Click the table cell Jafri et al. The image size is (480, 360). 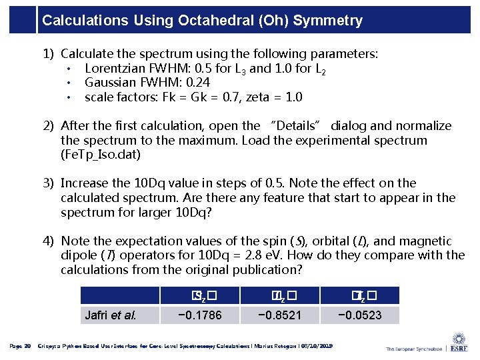(111, 315)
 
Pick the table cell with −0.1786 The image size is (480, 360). (200, 315)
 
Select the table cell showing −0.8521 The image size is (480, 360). (280, 315)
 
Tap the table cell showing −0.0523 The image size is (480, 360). (360, 315)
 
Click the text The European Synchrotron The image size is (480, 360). (415, 348)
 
